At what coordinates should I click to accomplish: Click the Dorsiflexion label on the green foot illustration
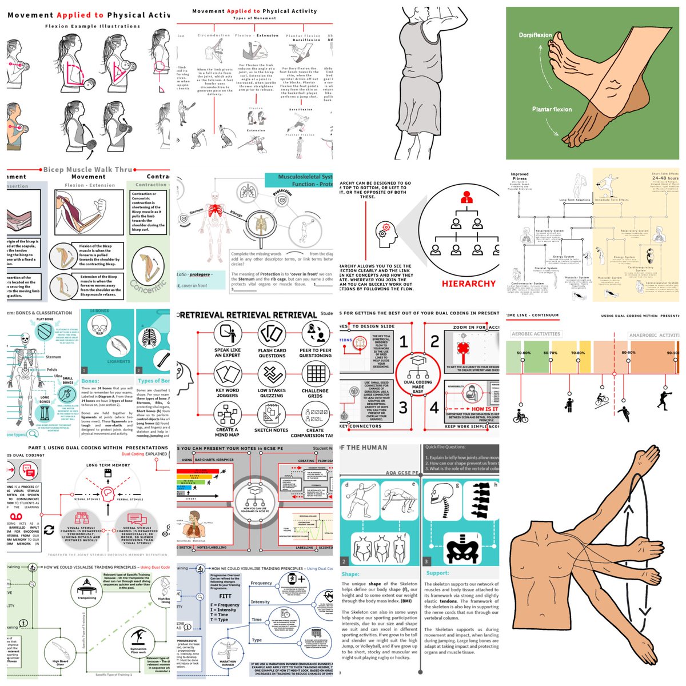click(x=535, y=35)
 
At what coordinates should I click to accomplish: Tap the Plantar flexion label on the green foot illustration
click(x=552, y=109)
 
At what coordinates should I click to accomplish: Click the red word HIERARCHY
click(x=468, y=284)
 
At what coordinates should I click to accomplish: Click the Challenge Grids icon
click(x=315, y=375)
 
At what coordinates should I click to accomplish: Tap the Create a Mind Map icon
click(x=227, y=414)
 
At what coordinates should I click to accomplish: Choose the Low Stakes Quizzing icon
click(x=272, y=375)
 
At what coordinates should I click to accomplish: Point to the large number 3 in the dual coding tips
click(x=403, y=408)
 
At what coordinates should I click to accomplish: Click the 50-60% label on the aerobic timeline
click(x=524, y=353)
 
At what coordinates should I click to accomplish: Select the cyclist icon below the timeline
click(x=521, y=415)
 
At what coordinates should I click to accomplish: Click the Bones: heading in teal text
click(x=90, y=381)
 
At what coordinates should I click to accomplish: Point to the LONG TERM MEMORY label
click(x=108, y=465)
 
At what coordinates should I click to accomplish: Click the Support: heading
click(x=438, y=573)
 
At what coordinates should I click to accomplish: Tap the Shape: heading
click(x=350, y=574)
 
